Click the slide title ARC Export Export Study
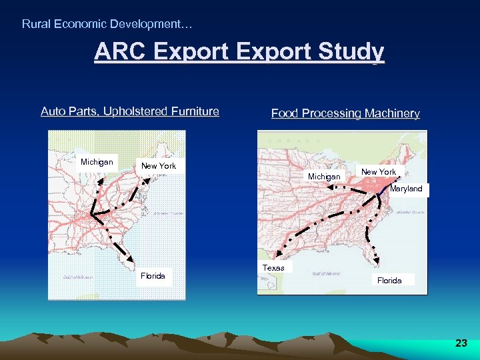(239, 52)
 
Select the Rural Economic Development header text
(107, 24)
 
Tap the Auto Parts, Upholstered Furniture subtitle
(130, 111)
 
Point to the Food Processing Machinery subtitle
(345, 113)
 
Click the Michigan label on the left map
(97, 162)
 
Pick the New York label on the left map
(159, 165)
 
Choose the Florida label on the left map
(153, 276)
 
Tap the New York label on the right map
(378, 172)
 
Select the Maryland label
(406, 189)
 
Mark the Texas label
(273, 268)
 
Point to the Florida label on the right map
(389, 281)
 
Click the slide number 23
(461, 343)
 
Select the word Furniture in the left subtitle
(194, 111)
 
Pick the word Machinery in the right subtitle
(393, 113)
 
